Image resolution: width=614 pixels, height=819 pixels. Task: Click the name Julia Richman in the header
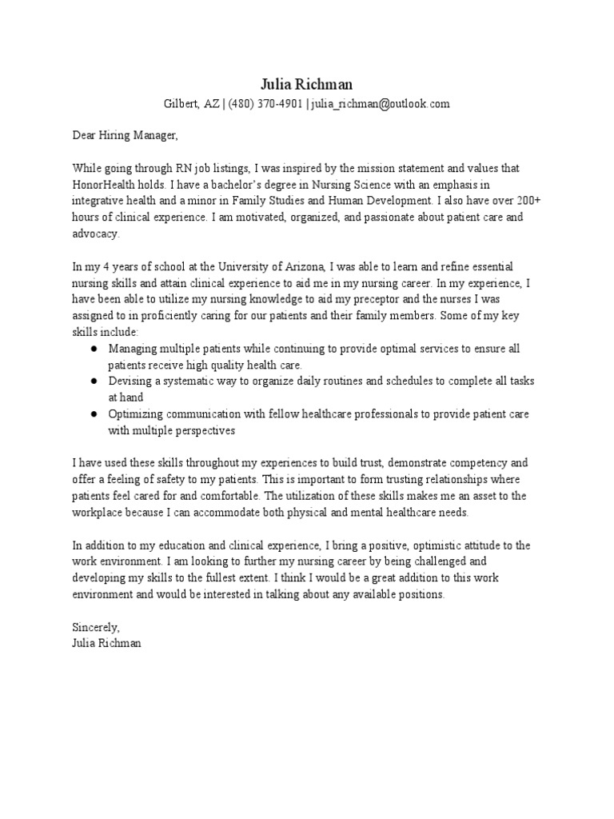[x=306, y=84]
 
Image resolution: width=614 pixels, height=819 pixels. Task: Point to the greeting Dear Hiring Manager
[x=125, y=136]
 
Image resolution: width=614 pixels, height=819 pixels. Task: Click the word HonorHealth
[x=101, y=185]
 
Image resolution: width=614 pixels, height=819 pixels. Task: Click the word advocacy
[x=95, y=234]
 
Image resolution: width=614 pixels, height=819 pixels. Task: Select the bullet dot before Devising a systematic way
[x=94, y=382]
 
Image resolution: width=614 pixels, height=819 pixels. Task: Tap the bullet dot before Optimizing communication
[x=94, y=414]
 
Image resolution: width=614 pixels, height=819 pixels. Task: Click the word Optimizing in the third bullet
[x=136, y=414]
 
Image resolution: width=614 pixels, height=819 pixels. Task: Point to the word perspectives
[x=200, y=430]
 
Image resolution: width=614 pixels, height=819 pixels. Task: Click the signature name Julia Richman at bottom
[x=106, y=642]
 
